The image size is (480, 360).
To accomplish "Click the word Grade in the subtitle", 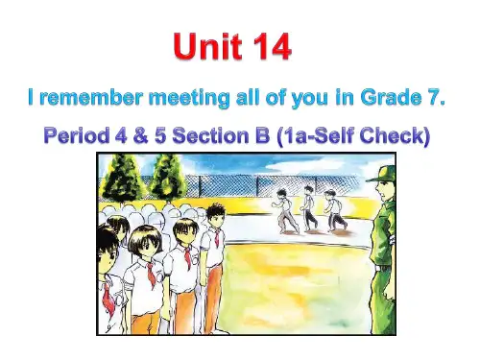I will [x=393, y=98].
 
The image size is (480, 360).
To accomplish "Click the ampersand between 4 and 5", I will [x=158, y=136].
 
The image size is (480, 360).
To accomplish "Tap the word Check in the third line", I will [x=390, y=136].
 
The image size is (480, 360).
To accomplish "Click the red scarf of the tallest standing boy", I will [x=152, y=279].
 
